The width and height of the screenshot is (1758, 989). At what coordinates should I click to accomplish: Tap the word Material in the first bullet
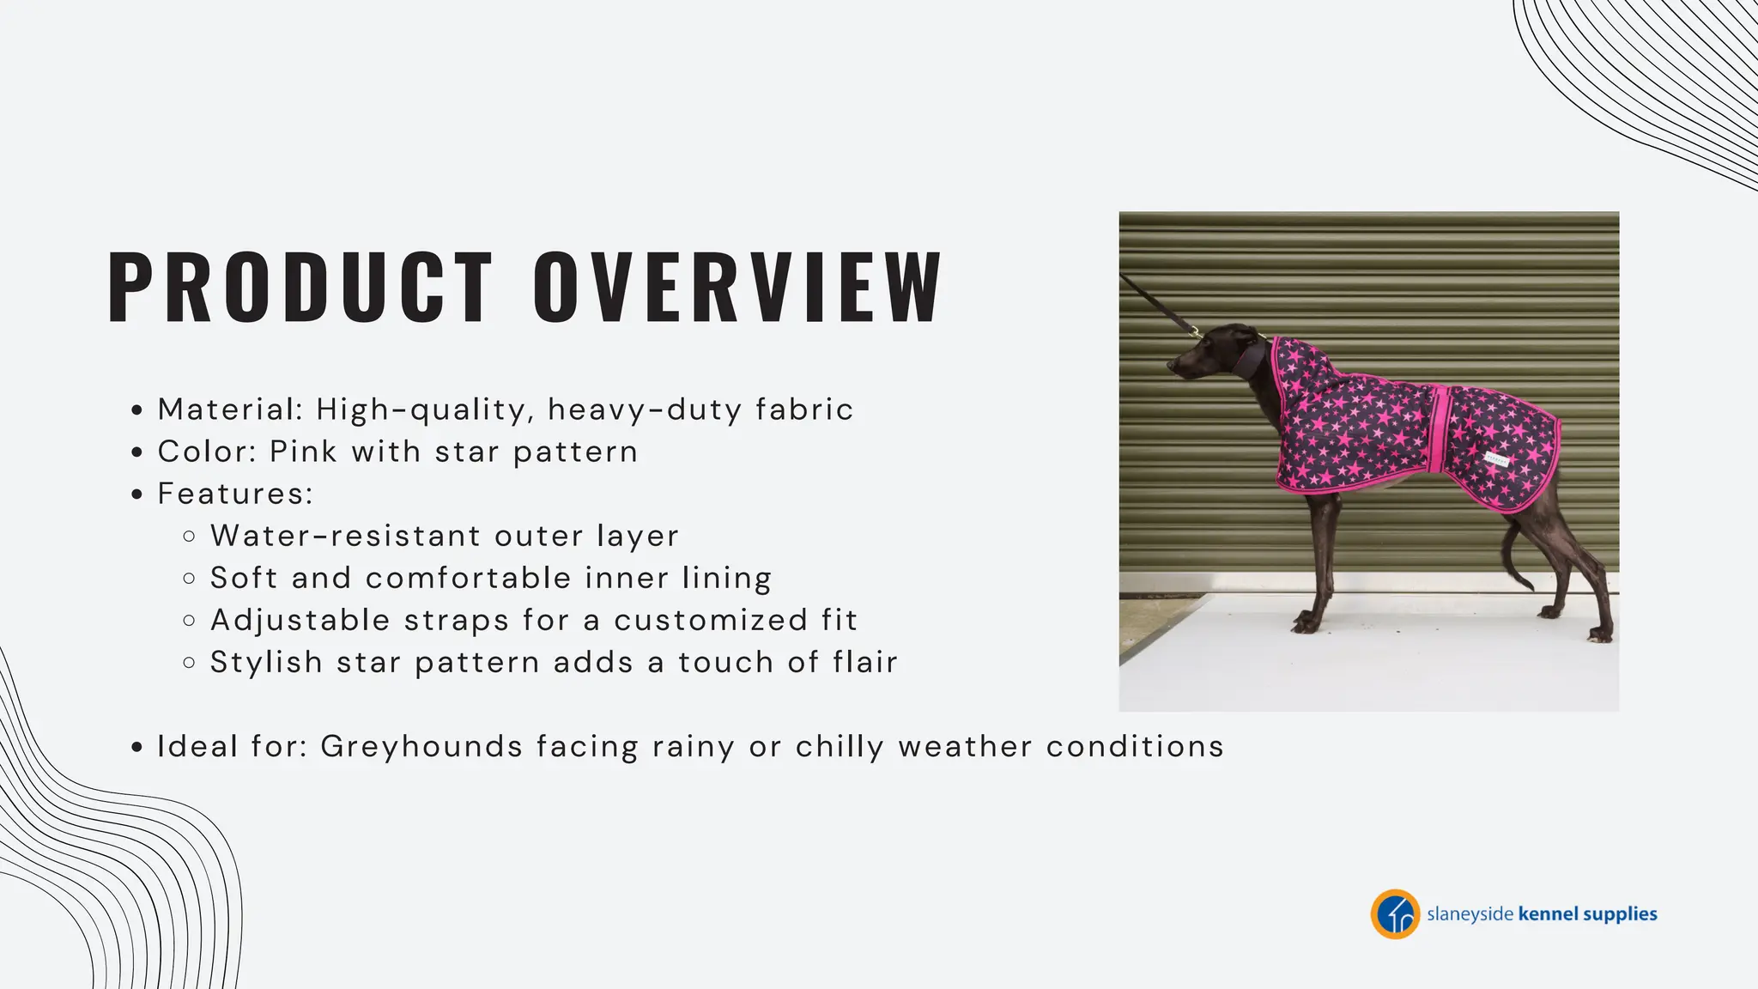[x=227, y=410]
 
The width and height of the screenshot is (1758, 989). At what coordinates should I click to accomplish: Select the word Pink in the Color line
[x=303, y=452]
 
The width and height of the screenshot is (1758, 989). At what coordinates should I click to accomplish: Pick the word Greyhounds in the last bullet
[x=421, y=746]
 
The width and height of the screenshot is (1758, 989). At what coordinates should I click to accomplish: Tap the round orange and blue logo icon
[x=1394, y=914]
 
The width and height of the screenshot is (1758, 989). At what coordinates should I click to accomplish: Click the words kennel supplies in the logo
[x=1587, y=914]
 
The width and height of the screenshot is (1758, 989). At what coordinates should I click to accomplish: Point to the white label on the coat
[x=1496, y=459]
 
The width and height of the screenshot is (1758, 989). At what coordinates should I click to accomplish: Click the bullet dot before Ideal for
[x=136, y=748]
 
